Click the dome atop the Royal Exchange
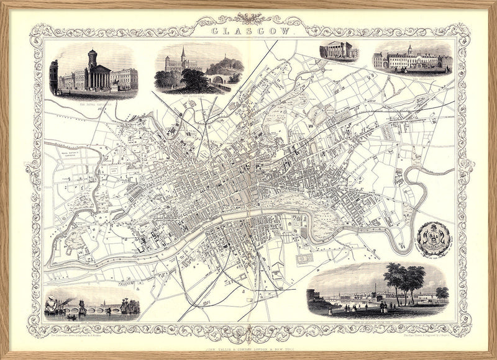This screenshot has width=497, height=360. tap(93, 56)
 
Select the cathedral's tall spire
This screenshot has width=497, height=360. tap(183, 56)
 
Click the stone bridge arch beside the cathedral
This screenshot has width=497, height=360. tap(218, 79)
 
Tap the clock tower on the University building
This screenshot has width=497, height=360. tap(409, 50)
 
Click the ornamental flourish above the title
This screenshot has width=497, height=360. tap(248, 18)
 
